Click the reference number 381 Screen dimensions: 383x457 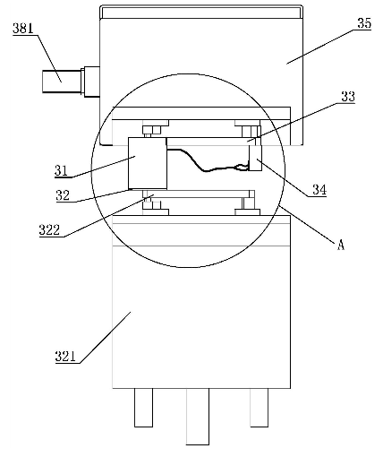pos(22,29)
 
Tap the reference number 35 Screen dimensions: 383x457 pos(364,23)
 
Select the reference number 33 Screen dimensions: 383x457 pos(348,97)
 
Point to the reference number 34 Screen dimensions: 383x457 pos(319,189)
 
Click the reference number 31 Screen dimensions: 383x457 pos(61,170)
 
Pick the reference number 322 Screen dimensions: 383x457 pos(49,230)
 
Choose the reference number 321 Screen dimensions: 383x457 pos(65,357)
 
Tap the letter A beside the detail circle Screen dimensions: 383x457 pos(341,245)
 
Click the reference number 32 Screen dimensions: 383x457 pos(63,195)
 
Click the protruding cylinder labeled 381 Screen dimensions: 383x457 pos(62,82)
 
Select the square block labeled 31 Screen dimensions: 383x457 pos(148,163)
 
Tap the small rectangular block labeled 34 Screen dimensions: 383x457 pos(256,158)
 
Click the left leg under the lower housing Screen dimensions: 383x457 pos(143,408)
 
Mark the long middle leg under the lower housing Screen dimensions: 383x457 pos(198,417)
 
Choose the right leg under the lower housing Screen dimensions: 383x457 pos(259,408)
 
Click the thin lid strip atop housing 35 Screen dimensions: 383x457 pos(201,12)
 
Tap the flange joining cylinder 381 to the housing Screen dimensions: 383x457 pos(90,82)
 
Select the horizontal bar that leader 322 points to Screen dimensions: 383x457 pos(199,194)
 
